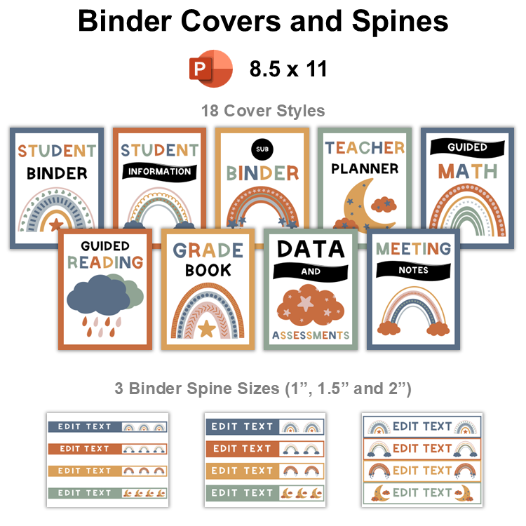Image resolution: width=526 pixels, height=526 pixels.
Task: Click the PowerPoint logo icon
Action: (x=211, y=69)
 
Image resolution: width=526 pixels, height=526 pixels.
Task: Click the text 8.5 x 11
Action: (x=288, y=69)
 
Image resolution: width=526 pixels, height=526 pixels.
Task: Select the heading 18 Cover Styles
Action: (x=263, y=111)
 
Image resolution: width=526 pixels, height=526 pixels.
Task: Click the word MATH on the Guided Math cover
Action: (x=468, y=170)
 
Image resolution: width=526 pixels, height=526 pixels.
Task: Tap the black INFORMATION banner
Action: (x=159, y=171)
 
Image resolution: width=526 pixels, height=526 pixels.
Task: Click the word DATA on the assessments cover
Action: (x=310, y=248)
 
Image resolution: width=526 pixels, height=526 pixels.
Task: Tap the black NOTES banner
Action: (x=413, y=270)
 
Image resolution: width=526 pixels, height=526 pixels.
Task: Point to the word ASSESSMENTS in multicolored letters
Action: (x=310, y=335)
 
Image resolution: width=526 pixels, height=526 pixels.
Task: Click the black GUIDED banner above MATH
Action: (x=468, y=148)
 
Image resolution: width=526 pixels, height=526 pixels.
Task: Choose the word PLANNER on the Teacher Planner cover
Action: (x=365, y=168)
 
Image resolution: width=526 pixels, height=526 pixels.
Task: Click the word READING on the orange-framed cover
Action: (x=106, y=262)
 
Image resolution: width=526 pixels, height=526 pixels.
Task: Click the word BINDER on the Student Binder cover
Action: (x=57, y=173)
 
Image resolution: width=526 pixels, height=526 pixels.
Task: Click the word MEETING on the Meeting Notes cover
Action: (x=413, y=248)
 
